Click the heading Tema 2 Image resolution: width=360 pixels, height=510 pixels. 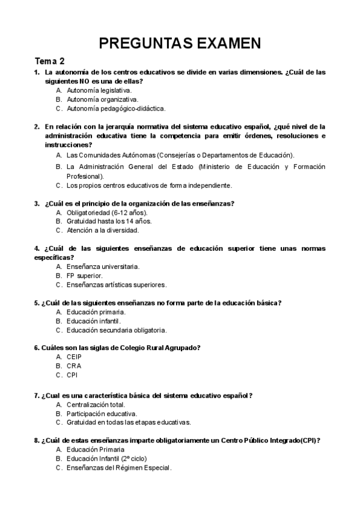(x=50, y=61)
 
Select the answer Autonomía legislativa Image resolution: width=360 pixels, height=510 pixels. (x=99, y=90)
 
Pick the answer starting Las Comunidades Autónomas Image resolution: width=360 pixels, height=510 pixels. (x=180, y=155)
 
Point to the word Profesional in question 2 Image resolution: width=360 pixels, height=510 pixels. (x=85, y=176)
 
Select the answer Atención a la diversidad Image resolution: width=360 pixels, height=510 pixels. (x=103, y=230)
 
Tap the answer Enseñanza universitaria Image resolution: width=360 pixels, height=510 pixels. (x=103, y=266)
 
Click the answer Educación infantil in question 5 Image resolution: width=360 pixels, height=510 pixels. (x=94, y=321)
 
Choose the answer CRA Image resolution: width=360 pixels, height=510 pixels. (x=74, y=366)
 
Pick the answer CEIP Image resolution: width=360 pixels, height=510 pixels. (x=75, y=357)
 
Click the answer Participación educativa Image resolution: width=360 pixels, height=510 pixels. (x=102, y=413)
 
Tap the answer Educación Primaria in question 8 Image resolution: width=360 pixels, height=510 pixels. (x=96, y=449)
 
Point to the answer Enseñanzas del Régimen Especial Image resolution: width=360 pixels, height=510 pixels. (x=119, y=468)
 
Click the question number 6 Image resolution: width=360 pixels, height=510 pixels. (x=37, y=348)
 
